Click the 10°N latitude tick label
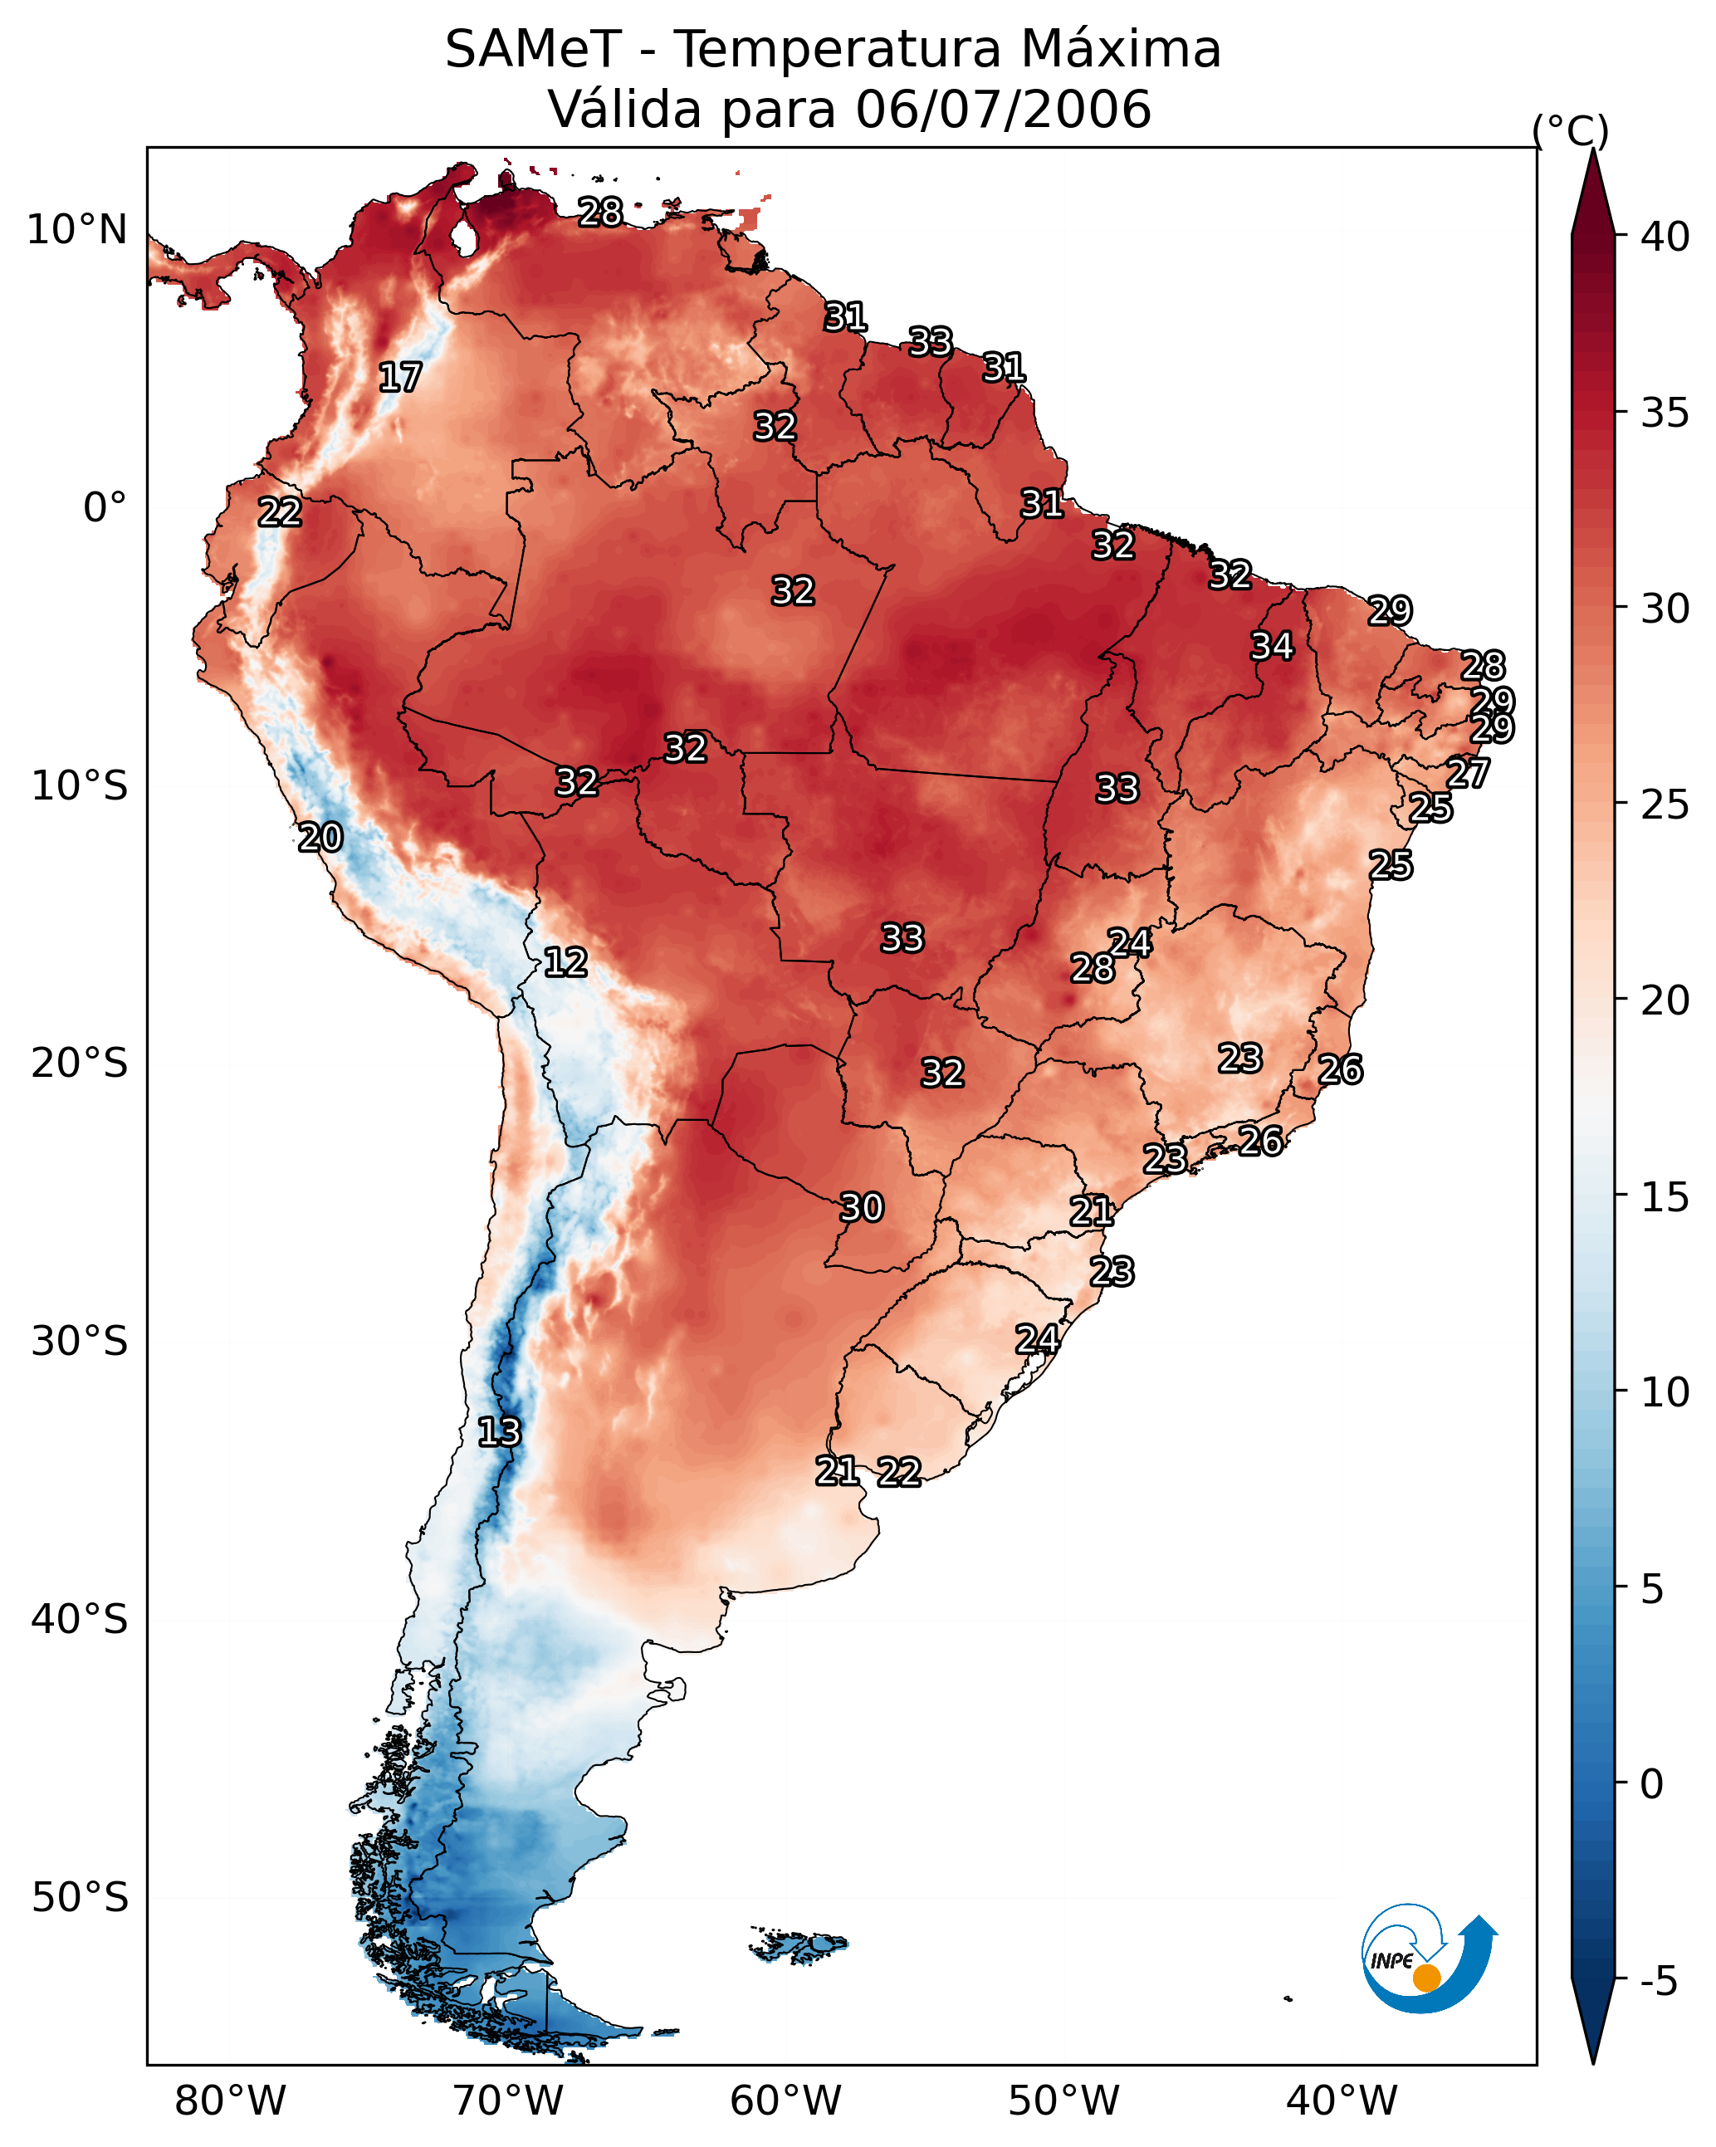[76, 230]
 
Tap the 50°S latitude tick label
[80, 1897]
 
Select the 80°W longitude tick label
[230, 2101]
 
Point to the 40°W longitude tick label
[1342, 2101]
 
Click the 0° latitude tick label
[105, 508]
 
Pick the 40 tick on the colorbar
[1665, 237]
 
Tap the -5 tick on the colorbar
[1660, 1982]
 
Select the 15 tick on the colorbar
[1665, 1197]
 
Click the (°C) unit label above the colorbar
[1571, 131]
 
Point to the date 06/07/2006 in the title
[1004, 109]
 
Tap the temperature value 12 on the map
[565, 962]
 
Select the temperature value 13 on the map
[499, 1432]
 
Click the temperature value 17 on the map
[400, 378]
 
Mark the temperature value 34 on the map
[1273, 646]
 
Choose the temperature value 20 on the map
[320, 838]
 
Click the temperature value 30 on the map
[863, 1208]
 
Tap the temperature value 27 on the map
[1469, 773]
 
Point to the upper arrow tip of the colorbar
[1592, 149]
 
